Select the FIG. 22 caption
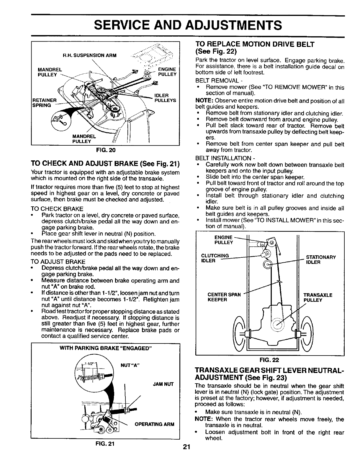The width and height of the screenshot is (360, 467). click(x=269, y=360)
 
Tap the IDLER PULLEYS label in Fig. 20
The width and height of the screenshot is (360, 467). click(x=165, y=98)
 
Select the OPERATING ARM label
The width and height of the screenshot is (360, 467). click(x=154, y=424)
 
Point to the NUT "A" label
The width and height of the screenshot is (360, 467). click(x=130, y=366)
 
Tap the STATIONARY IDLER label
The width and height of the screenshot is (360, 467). click(x=321, y=260)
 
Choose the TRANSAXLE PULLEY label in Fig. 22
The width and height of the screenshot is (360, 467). click(x=318, y=297)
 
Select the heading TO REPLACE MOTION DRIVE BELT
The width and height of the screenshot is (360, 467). click(x=255, y=45)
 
